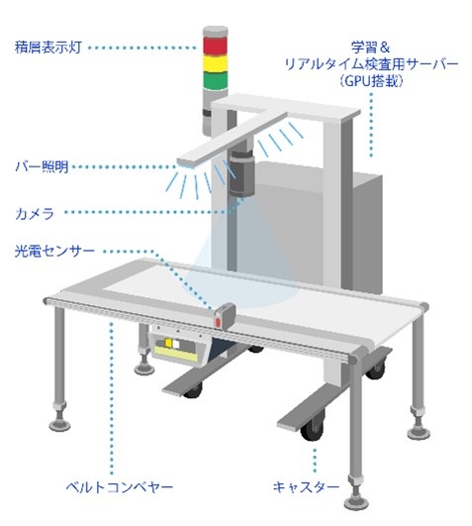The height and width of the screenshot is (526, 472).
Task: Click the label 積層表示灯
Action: click(48, 47)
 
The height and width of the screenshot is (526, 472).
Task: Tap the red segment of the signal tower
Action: click(215, 47)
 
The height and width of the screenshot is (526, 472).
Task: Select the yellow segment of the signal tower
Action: click(215, 63)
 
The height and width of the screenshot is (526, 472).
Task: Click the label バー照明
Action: click(43, 166)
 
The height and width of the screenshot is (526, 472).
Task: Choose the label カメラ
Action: click(35, 213)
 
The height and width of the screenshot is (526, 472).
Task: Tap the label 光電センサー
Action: click(54, 251)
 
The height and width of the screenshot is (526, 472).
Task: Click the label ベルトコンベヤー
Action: click(120, 486)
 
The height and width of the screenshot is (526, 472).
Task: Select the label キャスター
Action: click(306, 486)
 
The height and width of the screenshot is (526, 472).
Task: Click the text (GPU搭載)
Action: click(371, 81)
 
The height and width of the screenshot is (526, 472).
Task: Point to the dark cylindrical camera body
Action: click(241, 172)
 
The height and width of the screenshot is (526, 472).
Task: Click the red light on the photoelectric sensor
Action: click(218, 322)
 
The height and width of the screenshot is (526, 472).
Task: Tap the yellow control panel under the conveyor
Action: click(175, 354)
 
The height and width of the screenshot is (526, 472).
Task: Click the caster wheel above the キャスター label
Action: click(313, 429)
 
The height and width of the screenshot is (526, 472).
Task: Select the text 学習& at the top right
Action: click(370, 47)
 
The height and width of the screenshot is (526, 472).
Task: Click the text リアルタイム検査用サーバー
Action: click(371, 63)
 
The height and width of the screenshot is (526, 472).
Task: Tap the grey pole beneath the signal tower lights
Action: click(209, 112)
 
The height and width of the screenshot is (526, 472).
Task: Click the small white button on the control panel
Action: click(176, 344)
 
